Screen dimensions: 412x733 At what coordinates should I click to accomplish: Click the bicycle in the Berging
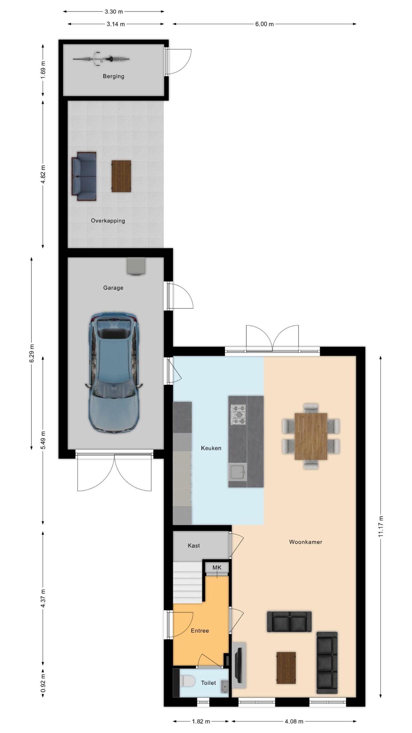pos(101,59)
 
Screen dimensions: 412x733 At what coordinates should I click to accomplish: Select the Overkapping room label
pos(108,221)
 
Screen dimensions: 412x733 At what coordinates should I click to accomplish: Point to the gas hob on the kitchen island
pos(238,414)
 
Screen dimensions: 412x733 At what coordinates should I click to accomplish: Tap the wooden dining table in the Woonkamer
pos(311,436)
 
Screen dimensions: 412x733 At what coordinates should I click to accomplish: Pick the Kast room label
pos(194,545)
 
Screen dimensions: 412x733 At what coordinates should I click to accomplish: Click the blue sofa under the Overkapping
pos(84,176)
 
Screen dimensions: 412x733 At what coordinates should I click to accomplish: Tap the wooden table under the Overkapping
pos(121,176)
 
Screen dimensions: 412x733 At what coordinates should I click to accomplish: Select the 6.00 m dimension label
pos(264,24)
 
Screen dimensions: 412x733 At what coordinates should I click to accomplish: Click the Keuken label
pos(211,448)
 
